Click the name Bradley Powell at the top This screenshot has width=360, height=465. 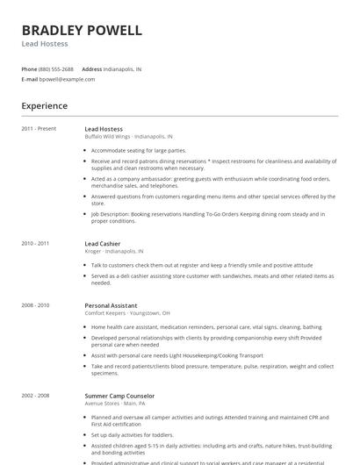pyautogui.click(x=81, y=30)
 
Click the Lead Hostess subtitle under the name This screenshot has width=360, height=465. pyautogui.click(x=45, y=44)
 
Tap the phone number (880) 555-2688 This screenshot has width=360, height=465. pyautogui.click(x=56, y=68)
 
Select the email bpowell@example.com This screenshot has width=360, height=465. pyautogui.click(x=67, y=79)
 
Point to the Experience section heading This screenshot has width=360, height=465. pyautogui.click(x=45, y=106)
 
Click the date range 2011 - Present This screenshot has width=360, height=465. pyautogui.click(x=39, y=129)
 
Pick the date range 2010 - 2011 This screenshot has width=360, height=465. pyautogui.click(x=35, y=243)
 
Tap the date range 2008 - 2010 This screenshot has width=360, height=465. pyautogui.click(x=35, y=304)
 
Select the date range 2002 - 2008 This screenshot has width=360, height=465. pyautogui.click(x=35, y=397)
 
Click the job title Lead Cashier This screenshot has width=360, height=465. pyautogui.click(x=103, y=243)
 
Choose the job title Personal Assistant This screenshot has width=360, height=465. pyautogui.click(x=110, y=304)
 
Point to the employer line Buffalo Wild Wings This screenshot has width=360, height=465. pyautogui.click(x=128, y=137)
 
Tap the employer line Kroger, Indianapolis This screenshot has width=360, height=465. pyautogui.click(x=114, y=251)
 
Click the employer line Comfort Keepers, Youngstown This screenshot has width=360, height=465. pyautogui.click(x=127, y=312)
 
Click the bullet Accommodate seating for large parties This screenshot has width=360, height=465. pyautogui.click(x=140, y=150)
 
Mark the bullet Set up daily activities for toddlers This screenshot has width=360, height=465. pyautogui.click(x=133, y=435)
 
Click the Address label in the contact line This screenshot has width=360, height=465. pyautogui.click(x=91, y=68)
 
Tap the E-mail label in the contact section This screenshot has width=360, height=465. pyautogui.click(x=29, y=79)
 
